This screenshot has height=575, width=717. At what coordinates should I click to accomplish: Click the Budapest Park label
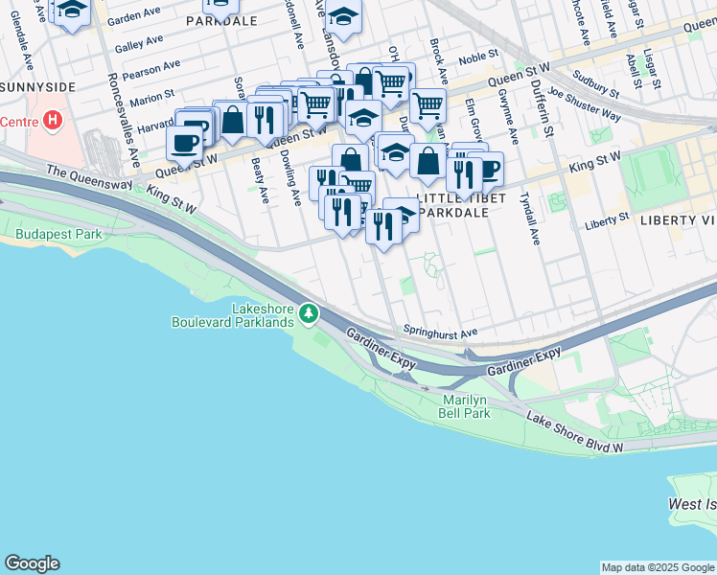point(58,234)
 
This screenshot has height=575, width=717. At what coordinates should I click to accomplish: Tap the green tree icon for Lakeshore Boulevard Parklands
point(308,313)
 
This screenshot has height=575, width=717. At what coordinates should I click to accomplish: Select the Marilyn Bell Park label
point(466,406)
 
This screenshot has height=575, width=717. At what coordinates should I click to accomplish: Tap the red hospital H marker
point(53,122)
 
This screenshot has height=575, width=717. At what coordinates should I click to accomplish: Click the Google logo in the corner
point(32,563)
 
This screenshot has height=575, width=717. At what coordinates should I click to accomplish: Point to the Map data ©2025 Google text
point(657,567)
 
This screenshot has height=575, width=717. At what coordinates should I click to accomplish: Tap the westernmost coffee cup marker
point(184,142)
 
